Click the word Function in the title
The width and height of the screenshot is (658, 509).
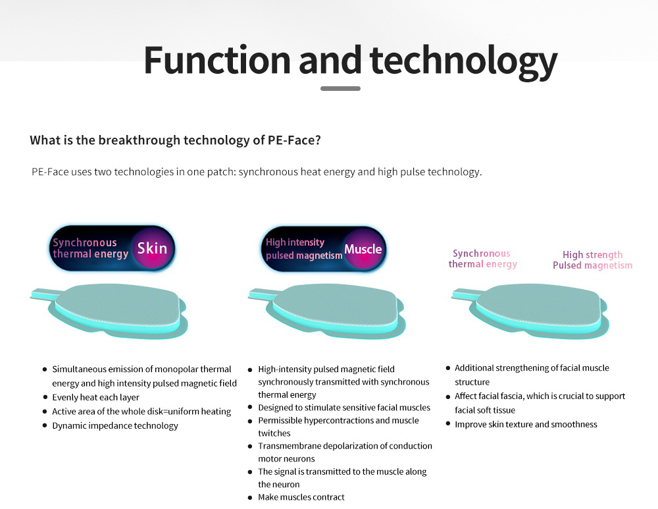point(217,60)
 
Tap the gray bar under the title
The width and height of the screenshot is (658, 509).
point(340,89)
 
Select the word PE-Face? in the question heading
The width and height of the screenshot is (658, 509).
point(294,140)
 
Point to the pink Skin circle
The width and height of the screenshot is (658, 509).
point(153,248)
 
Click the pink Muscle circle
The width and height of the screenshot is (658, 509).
point(363,249)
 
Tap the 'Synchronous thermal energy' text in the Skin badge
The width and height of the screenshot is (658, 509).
point(90,248)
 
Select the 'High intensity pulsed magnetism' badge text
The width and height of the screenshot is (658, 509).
point(304,249)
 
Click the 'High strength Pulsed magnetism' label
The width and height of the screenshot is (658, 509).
point(592,260)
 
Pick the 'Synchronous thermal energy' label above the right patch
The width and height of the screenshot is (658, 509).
point(482,259)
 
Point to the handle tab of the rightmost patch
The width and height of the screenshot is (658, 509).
point(466,294)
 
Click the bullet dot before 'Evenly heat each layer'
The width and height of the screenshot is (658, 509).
point(45,397)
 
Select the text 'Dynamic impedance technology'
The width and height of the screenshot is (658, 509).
point(115,425)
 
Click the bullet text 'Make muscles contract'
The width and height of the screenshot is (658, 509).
point(301,497)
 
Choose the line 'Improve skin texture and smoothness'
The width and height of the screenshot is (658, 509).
point(526,424)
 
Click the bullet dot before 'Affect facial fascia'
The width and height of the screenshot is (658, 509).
point(448,396)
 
